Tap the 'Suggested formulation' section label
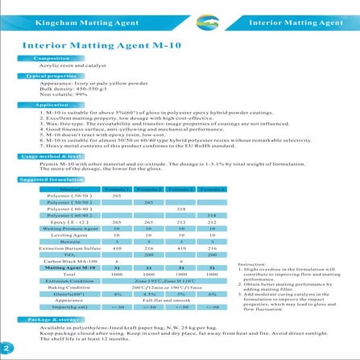coord(50,179)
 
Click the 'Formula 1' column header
coord(117,188)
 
